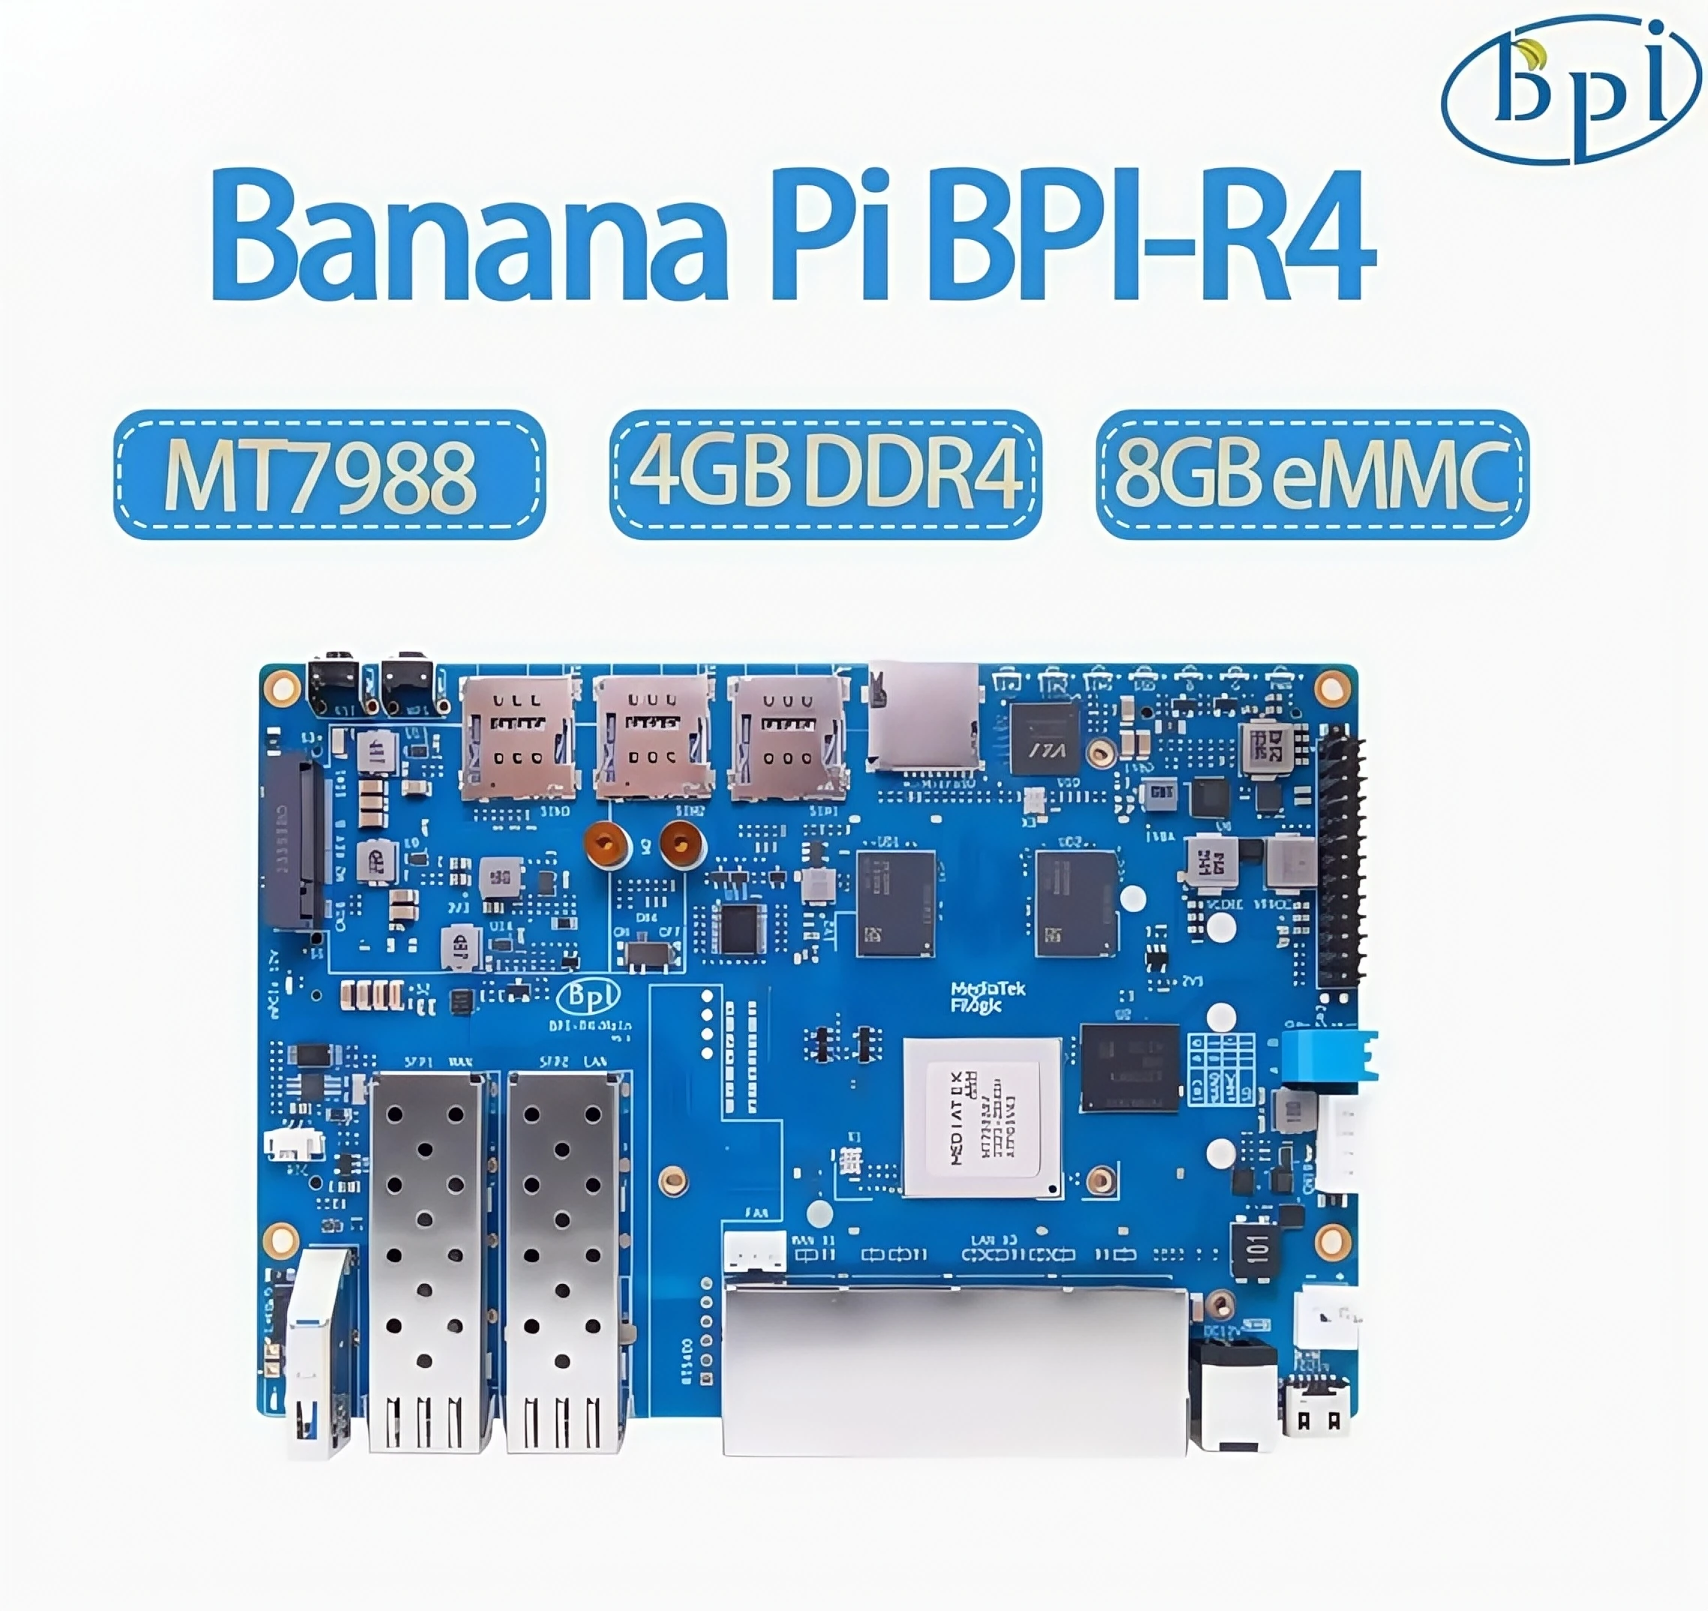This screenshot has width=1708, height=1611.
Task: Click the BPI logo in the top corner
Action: click(x=1571, y=90)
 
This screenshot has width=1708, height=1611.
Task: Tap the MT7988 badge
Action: click(x=329, y=475)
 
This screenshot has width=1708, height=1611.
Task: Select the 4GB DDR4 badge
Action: click(x=825, y=475)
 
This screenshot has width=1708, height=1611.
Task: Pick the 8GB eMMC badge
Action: click(x=1312, y=475)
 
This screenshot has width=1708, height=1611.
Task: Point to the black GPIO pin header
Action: click(x=1340, y=858)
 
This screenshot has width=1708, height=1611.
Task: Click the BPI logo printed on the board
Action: click(x=589, y=996)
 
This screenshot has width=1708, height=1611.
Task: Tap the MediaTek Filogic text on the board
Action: click(x=988, y=997)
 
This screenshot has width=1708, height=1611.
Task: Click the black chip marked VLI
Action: click(x=1044, y=739)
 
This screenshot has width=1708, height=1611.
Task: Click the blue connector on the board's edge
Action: click(x=1328, y=1055)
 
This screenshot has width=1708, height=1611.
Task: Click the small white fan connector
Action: click(x=754, y=1251)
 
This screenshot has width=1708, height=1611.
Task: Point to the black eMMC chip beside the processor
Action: click(x=1130, y=1067)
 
